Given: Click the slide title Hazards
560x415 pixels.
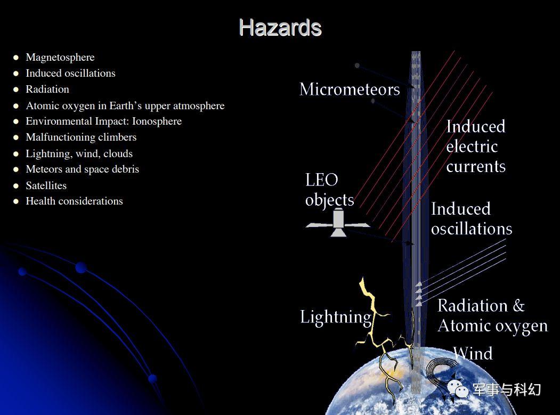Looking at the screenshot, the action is coord(280,28).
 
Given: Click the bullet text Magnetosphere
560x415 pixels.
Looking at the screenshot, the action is coord(60,57).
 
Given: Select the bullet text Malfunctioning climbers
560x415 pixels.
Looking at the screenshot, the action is coord(81,137).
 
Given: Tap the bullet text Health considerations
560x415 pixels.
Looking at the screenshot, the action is coord(74,201).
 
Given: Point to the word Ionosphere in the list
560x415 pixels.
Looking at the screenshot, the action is coord(157,121).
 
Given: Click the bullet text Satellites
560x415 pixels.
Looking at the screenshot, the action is coord(46,185).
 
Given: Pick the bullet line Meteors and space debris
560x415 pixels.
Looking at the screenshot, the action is coord(82,169).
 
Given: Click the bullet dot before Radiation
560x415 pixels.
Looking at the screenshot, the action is coord(15,89).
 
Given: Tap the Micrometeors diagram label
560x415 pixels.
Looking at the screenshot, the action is coord(350,89).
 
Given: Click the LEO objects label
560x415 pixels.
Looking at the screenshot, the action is coord(329,190).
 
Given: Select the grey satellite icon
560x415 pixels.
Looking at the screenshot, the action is coord(337,224).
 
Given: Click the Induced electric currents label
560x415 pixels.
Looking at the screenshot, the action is coord(476,147).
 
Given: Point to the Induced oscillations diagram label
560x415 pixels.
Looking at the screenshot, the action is coord(472,219).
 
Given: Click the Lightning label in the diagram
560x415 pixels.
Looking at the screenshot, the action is coord(335,317).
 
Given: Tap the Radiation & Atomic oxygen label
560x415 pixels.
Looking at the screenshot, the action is coord(492,316).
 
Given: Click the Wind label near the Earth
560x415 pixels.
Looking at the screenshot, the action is coord(473,353).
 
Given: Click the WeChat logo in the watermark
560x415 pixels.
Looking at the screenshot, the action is coord(458,389).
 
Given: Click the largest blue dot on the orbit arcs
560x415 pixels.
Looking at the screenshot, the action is coord(81,267).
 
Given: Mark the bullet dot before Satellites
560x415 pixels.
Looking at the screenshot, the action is coord(15,186).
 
